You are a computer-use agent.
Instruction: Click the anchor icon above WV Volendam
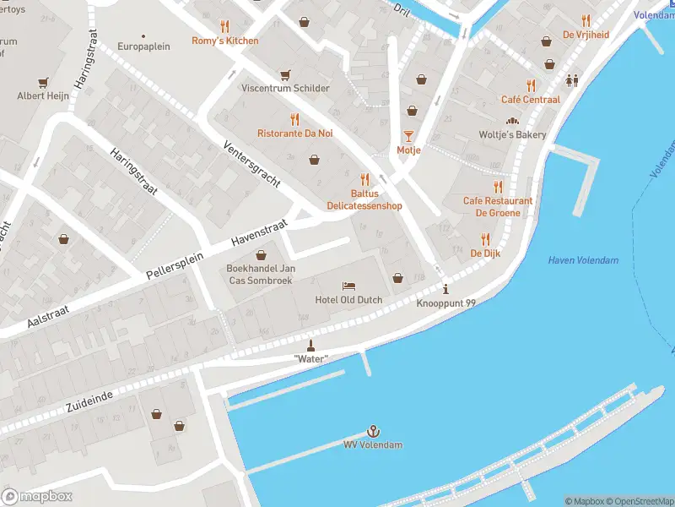[x=372, y=431]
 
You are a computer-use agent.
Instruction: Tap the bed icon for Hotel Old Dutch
[x=348, y=286]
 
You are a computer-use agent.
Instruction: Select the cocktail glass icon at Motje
[x=408, y=136]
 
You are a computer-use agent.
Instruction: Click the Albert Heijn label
[x=40, y=96]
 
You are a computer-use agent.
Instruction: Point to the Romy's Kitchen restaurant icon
[x=224, y=26]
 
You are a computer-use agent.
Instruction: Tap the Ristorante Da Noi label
[x=294, y=134]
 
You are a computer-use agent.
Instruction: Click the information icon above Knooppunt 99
[x=445, y=289]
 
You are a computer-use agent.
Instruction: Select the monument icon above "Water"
[x=310, y=345]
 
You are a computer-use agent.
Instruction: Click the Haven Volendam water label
[x=583, y=260]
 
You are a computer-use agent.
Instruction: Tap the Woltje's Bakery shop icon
[x=512, y=121]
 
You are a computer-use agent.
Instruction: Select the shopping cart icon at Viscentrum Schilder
[x=285, y=74]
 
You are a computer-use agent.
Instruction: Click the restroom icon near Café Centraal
[x=573, y=80]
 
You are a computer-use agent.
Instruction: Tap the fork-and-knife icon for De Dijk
[x=485, y=239]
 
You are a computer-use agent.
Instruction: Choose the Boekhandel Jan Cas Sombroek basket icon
[x=260, y=254]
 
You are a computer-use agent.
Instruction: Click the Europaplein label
[x=143, y=46]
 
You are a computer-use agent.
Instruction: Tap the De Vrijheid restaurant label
[x=586, y=35]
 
